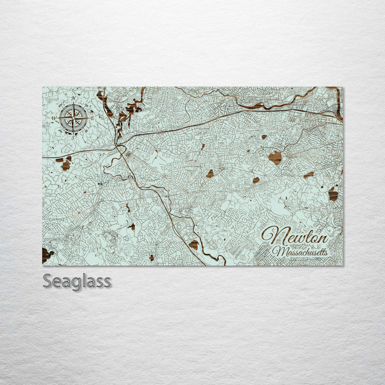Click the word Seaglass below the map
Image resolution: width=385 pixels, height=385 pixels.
tap(77, 281)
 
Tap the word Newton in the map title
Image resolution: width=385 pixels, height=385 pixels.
tap(295, 235)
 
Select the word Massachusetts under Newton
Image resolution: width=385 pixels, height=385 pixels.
tap(300, 251)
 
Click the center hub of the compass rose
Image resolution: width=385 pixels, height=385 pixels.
tap(74, 117)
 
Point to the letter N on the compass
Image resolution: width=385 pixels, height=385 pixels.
tap(74, 98)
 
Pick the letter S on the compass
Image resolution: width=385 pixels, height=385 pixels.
tap(74, 137)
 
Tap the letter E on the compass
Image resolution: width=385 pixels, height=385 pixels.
tap(93, 117)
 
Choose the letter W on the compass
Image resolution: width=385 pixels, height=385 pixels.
tap(54, 118)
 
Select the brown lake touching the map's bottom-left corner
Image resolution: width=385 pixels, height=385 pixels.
tap(47, 255)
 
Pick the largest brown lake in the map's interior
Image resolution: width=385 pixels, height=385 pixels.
tap(275, 157)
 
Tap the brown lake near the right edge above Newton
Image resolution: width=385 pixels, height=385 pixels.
tap(333, 195)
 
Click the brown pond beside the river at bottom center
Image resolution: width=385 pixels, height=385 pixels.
tap(194, 245)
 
